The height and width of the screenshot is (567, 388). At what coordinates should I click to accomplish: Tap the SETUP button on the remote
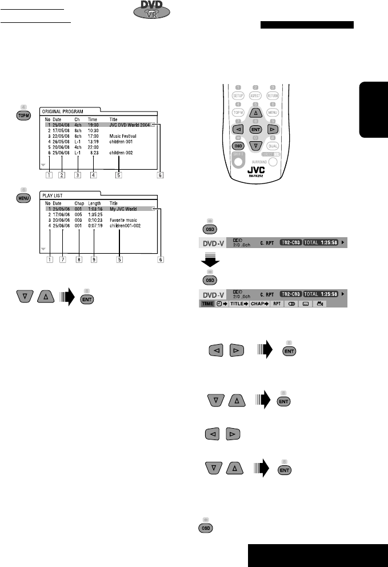click(x=238, y=96)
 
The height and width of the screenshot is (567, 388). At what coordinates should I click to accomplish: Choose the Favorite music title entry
click(x=126, y=220)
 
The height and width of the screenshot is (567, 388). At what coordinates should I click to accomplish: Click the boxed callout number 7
click(x=62, y=243)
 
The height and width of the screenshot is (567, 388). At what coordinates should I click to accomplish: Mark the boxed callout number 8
click(x=78, y=243)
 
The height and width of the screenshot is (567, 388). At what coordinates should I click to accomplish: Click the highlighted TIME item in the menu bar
click(x=206, y=304)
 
